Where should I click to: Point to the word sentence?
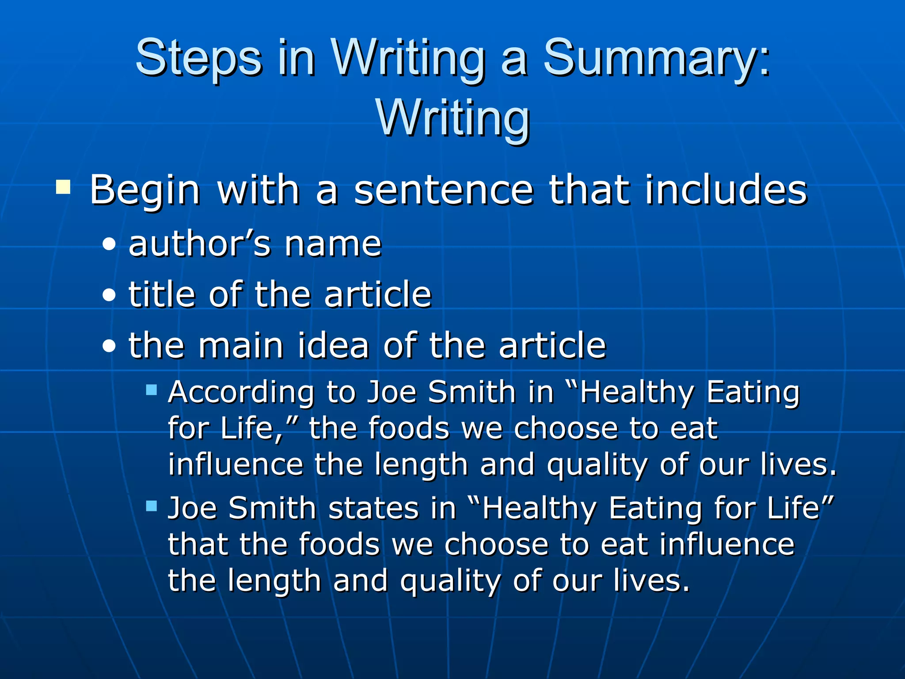pos(444,190)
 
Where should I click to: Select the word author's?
pos(199,244)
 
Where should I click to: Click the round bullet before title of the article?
pos(109,295)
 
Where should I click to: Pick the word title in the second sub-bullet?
pos(162,294)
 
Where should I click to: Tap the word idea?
pos(333,346)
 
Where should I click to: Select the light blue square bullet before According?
pos(152,389)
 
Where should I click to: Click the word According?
pos(241,393)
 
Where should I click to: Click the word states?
pos(373,508)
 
